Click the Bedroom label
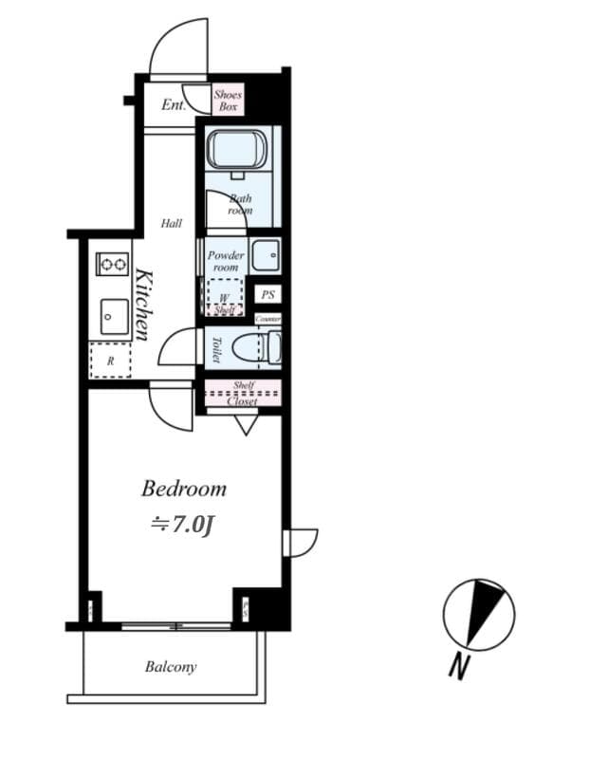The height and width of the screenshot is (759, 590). tap(184, 490)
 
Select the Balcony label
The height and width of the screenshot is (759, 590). tap(171, 667)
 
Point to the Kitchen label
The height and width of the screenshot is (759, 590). tap(144, 305)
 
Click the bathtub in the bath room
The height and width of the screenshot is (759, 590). tap(239, 150)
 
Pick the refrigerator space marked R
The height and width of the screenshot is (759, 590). tap(110, 361)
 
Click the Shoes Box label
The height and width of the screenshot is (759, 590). tap(228, 101)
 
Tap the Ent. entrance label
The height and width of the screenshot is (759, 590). tap(173, 105)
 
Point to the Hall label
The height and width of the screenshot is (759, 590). tap(172, 224)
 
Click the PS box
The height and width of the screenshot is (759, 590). tap(268, 295)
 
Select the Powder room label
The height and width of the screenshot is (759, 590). tap(226, 261)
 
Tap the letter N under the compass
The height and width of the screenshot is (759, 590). tap(459, 666)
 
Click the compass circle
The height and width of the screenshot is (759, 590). tap(479, 615)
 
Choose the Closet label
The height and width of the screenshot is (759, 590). tap(242, 401)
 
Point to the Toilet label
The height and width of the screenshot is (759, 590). tap(215, 350)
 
